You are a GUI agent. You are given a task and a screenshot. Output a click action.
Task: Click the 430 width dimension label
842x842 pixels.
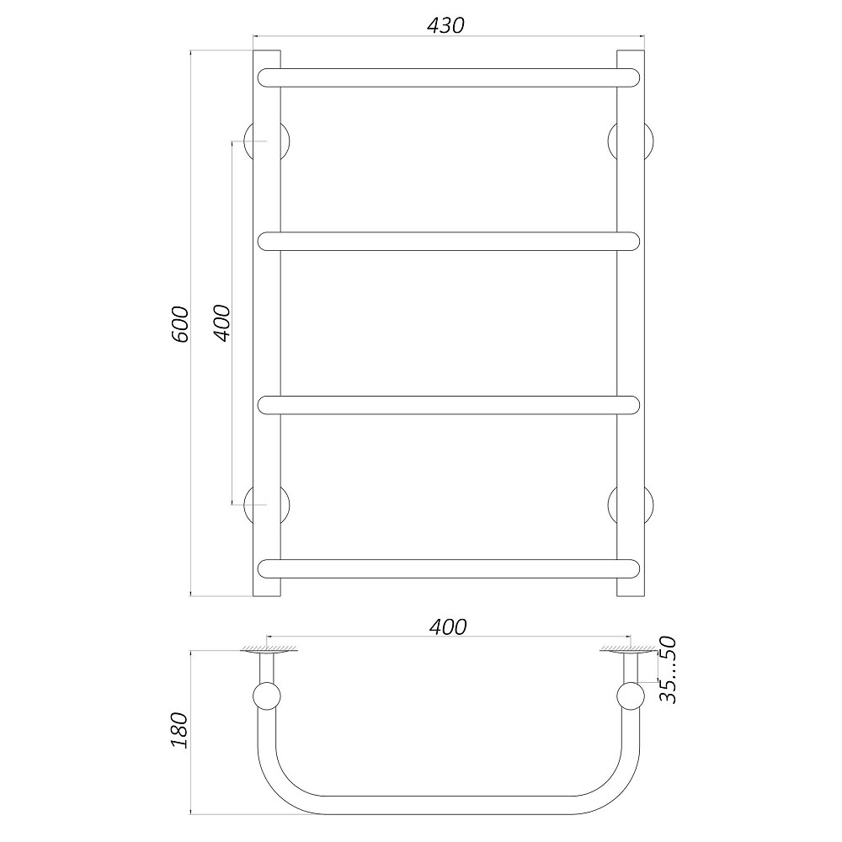coord(445,25)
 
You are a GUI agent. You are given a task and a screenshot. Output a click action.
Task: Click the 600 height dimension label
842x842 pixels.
coord(180,324)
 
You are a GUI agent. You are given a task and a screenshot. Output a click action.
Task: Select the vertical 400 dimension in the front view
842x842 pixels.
coord(221,322)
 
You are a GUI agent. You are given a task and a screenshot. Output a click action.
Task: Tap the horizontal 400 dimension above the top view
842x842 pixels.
coord(449,626)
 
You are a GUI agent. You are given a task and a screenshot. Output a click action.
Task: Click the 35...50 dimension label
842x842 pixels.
coord(668,669)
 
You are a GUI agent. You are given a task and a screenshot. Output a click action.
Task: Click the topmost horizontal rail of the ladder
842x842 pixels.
coord(449,77)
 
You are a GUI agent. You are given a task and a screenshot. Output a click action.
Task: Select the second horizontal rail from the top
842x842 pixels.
coord(449,241)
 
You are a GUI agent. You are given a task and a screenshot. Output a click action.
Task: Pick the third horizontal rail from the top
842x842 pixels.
coord(449,405)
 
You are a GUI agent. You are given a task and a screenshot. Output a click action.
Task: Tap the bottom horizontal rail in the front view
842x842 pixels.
coord(449,568)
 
